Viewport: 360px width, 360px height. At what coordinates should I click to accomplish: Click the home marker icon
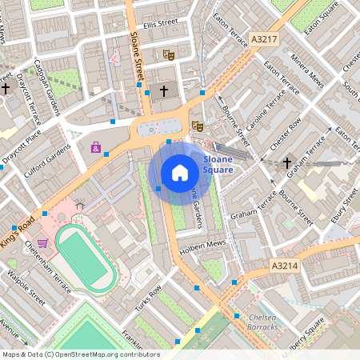180,172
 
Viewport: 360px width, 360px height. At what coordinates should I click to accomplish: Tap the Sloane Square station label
218,165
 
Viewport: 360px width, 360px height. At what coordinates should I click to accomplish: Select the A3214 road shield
284,266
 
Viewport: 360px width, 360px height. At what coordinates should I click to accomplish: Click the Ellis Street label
155,23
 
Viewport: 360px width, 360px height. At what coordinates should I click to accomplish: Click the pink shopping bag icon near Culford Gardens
96,147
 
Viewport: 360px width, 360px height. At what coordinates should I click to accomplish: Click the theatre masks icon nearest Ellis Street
168,54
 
